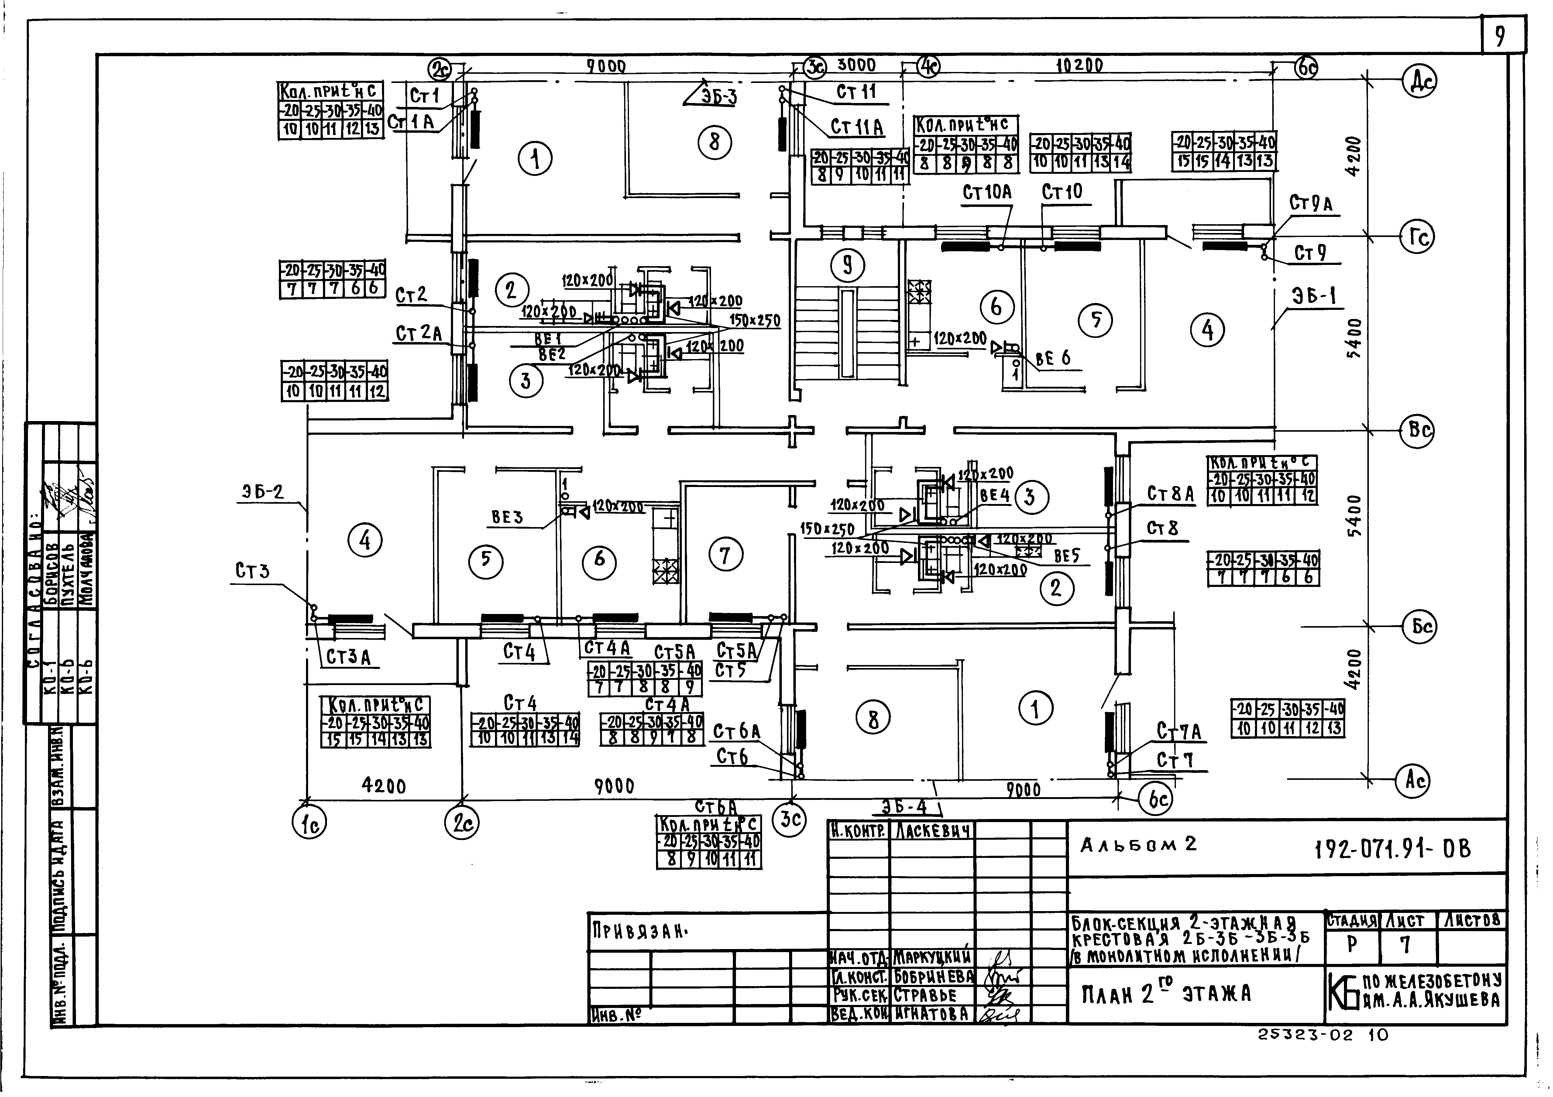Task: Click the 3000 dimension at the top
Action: tap(856, 65)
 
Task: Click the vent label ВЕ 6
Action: tap(1053, 358)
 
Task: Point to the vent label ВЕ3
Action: tap(507, 517)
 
